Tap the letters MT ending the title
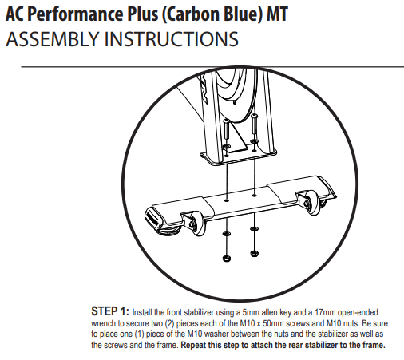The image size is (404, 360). tap(278, 14)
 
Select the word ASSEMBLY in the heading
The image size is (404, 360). tap(53, 39)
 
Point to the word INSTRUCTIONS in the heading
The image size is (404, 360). tap(172, 39)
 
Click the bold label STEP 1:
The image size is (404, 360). tap(110, 311)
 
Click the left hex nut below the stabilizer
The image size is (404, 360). tap(226, 258)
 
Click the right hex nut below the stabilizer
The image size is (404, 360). tap(254, 253)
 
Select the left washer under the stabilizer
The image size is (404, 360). tap(226, 234)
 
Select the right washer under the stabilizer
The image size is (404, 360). tap(254, 228)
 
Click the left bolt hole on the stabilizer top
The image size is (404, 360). tap(227, 200)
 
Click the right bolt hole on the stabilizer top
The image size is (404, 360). tap(254, 196)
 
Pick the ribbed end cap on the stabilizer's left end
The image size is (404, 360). tap(155, 217)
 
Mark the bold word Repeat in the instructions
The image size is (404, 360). tap(193, 345)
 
